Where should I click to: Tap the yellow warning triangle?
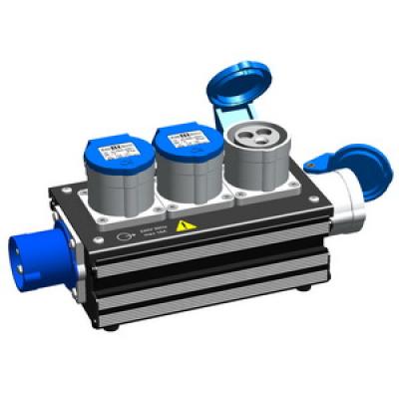pyautogui.click(x=183, y=226)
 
